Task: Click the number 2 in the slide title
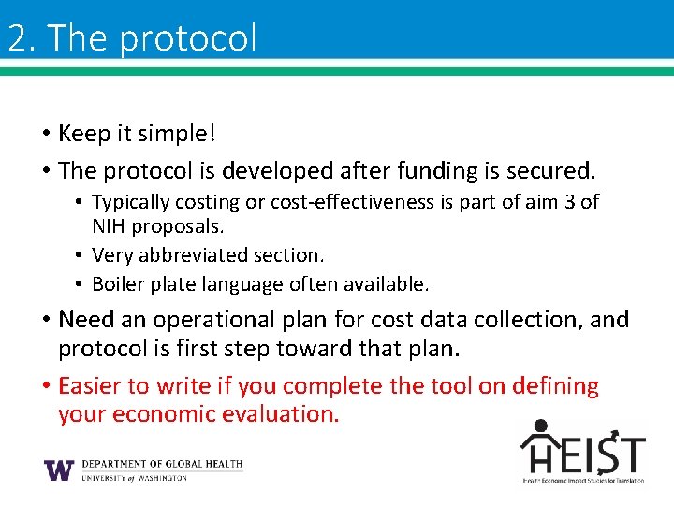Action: [16, 38]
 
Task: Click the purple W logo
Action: [59, 469]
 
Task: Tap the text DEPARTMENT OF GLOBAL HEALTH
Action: [162, 464]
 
